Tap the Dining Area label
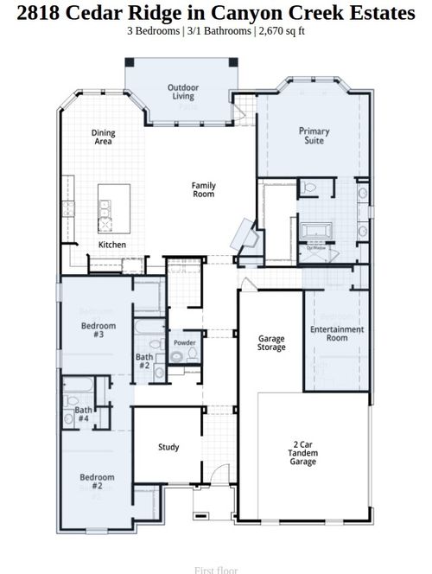click(104, 137)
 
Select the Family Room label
click(204, 189)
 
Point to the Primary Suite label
click(314, 136)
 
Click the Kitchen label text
click(111, 245)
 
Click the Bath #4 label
click(83, 415)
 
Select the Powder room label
click(184, 343)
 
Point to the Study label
click(168, 447)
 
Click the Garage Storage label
click(271, 344)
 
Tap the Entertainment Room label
click(337, 334)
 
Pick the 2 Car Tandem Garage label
click(303, 454)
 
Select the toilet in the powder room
click(177, 357)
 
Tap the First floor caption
click(215, 570)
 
